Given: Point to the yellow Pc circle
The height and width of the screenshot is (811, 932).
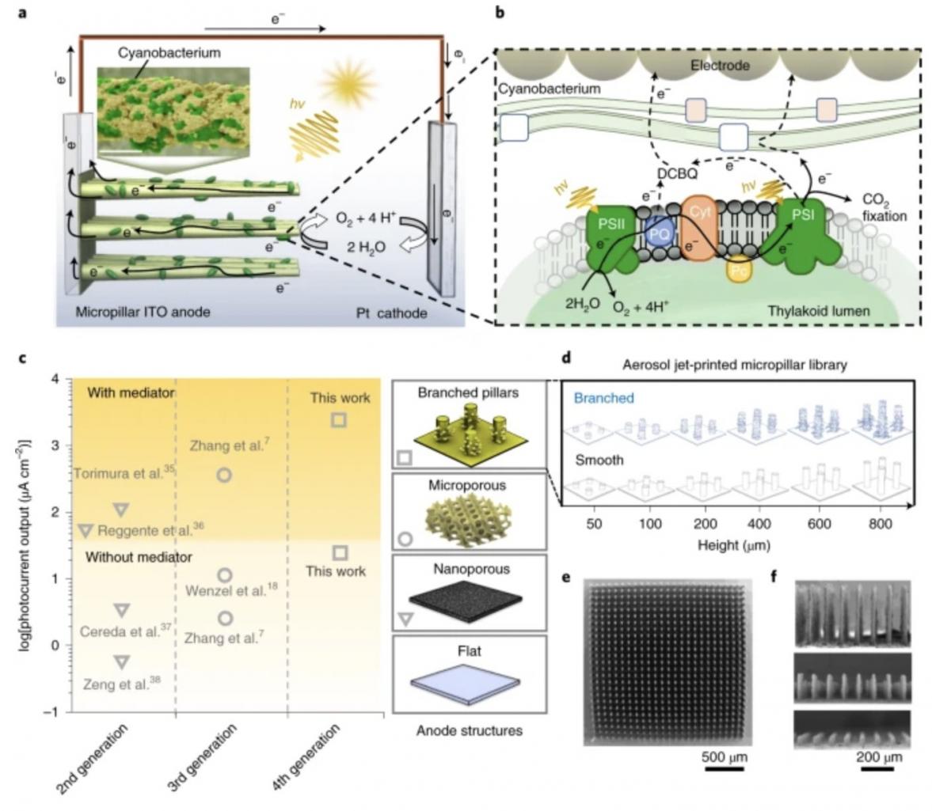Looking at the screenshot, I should pos(740,271).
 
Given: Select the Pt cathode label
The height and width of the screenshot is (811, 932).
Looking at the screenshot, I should pos(391,313).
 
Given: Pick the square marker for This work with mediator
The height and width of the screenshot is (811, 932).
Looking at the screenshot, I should pos(339,420).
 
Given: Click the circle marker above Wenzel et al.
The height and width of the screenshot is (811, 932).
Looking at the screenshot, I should pos(225,575).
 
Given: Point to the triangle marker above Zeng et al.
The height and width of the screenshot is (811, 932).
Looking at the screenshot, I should pos(121,661).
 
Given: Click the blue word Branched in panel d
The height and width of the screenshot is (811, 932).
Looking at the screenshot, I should pos(603,398).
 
